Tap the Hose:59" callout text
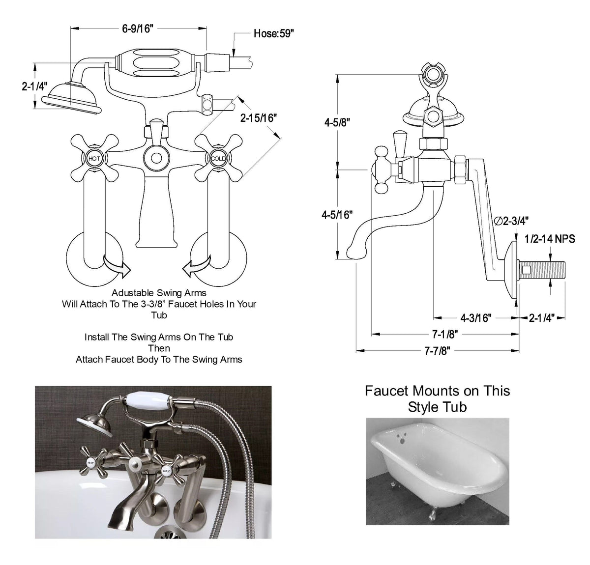point(274,33)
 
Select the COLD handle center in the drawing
point(218,158)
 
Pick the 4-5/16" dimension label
point(337,215)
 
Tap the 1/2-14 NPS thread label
point(553,239)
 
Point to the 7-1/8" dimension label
point(445,335)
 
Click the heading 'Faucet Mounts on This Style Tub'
point(437,399)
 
